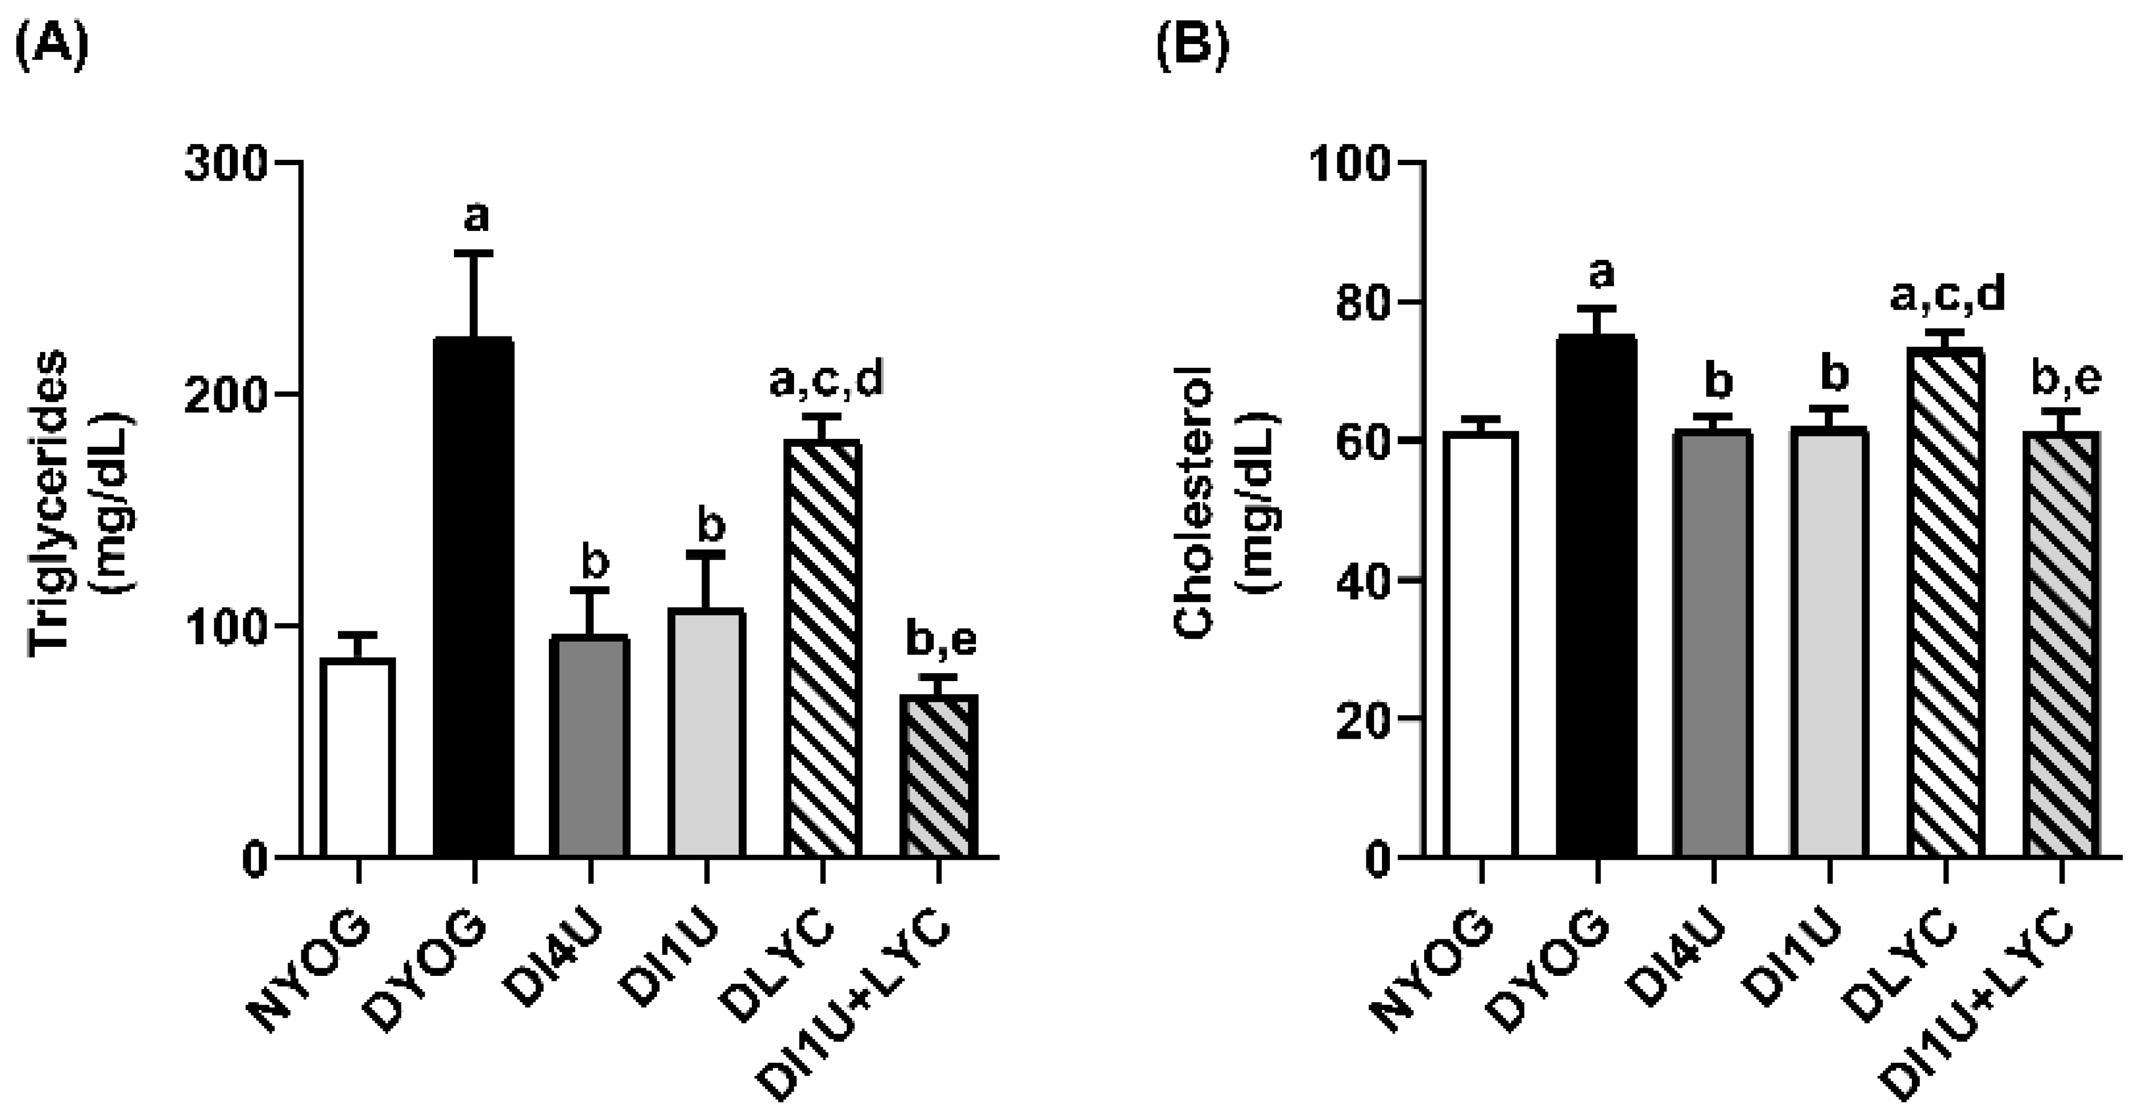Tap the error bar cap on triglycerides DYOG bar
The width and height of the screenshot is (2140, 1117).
pyautogui.click(x=473, y=253)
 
